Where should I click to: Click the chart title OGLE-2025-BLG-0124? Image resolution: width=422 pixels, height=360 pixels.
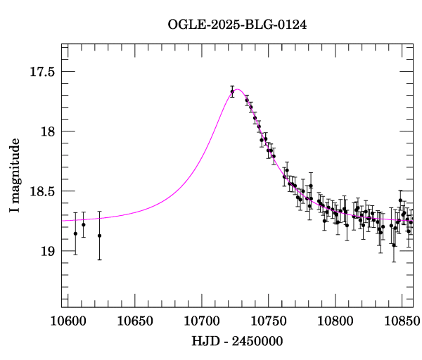tap(237, 25)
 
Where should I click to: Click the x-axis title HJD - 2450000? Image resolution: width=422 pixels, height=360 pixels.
tap(237, 341)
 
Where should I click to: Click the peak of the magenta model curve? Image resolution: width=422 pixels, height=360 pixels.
tap(238, 89)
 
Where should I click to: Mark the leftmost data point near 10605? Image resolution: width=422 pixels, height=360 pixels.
tap(75, 233)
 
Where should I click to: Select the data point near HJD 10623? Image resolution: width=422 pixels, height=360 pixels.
tap(99, 236)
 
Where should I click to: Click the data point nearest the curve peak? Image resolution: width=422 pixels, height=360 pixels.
tap(232, 91)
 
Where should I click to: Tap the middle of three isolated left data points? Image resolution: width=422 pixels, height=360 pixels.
tap(84, 224)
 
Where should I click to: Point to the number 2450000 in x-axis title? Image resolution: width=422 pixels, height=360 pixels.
tap(259, 341)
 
